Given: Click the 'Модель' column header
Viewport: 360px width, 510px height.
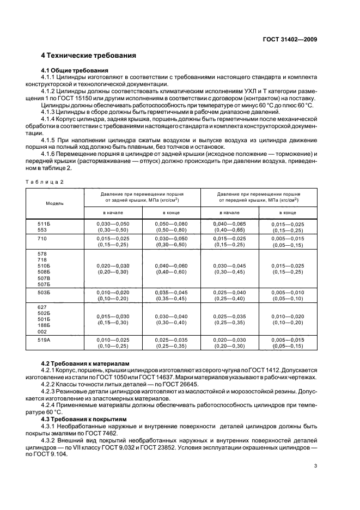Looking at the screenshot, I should (55, 203).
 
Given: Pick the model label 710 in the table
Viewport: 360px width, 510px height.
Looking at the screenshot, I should (41, 239).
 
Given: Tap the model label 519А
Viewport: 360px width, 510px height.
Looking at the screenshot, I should (43, 339).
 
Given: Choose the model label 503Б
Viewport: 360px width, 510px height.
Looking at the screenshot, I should (43, 292).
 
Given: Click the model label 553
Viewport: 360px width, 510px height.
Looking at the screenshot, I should (41, 229).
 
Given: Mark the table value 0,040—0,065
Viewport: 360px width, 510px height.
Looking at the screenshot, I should (229, 223).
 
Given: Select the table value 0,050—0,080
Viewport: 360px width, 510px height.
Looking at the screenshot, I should (172, 223).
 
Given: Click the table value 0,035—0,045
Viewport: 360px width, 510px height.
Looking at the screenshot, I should (172, 292).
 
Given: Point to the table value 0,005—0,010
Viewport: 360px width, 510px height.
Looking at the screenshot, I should (288, 292).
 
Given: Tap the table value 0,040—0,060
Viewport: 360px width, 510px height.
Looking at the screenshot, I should (172, 265).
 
